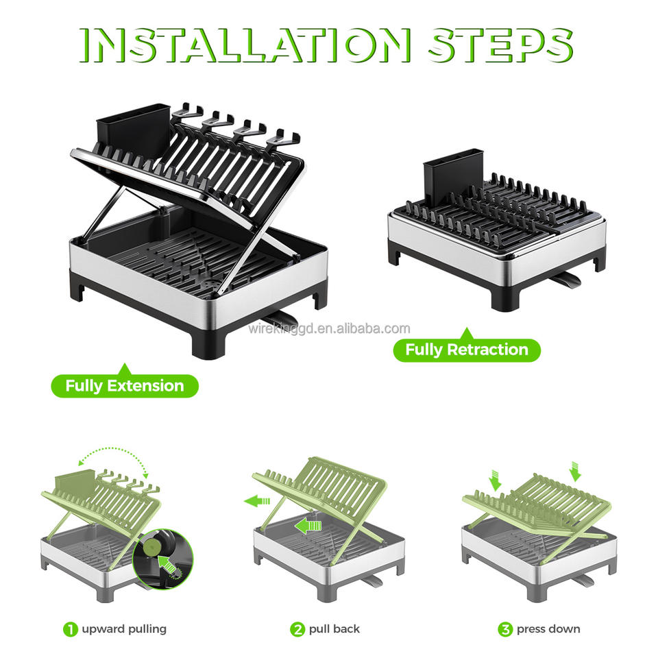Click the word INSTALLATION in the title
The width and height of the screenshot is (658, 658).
[x=245, y=45]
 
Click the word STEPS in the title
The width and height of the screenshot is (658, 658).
[x=500, y=45]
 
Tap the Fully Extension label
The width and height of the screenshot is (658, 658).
[x=125, y=385]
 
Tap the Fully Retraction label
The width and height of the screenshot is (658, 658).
[x=467, y=350]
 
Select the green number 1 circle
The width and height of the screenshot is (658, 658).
[x=71, y=629]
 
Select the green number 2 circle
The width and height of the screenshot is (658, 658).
[x=297, y=629]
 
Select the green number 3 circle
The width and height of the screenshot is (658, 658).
[x=505, y=629]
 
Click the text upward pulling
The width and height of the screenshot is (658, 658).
[x=124, y=629]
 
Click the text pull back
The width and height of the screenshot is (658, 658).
[x=334, y=629]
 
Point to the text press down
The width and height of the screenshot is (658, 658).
[x=548, y=629]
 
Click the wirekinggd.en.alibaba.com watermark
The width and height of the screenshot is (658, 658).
[x=330, y=328]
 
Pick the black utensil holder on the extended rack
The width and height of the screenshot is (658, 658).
[x=134, y=130]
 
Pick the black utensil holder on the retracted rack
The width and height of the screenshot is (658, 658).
[x=453, y=171]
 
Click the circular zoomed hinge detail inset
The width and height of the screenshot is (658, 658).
[x=163, y=559]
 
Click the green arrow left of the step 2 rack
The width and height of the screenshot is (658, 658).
[x=257, y=500]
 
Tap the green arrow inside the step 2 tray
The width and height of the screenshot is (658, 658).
[x=308, y=526]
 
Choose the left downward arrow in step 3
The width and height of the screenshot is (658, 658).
[x=495, y=480]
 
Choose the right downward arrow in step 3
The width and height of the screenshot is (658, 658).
[x=575, y=472]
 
